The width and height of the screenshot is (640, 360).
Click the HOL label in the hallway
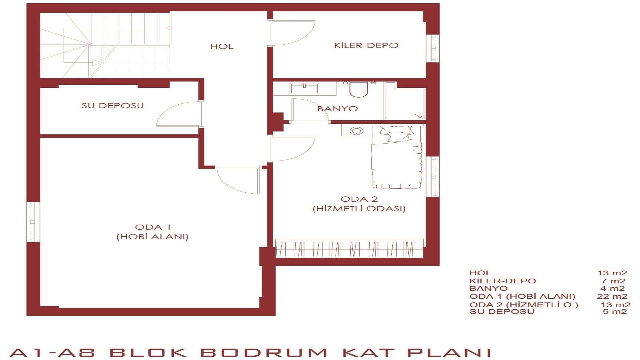point(222,46)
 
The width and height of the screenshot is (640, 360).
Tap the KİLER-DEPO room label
point(366,45)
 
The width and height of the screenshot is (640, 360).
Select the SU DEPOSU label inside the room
point(113,105)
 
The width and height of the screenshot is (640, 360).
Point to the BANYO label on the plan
point(337,109)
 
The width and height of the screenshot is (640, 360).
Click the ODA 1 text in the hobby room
point(153,227)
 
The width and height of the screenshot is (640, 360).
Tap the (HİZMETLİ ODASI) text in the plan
point(359,209)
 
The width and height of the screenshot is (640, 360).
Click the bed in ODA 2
point(397,157)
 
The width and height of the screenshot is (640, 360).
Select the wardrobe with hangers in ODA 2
point(349,248)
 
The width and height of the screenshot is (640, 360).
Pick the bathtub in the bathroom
point(359,89)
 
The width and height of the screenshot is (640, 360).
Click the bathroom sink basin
point(304,88)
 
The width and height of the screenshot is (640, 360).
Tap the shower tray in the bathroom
point(405,102)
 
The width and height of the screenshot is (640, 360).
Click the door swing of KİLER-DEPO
point(293,33)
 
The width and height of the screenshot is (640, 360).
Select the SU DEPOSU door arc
point(179,114)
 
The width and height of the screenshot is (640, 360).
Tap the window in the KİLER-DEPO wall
point(433,48)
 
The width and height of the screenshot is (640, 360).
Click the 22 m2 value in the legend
point(612,296)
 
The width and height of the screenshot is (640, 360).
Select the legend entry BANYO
point(488,288)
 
